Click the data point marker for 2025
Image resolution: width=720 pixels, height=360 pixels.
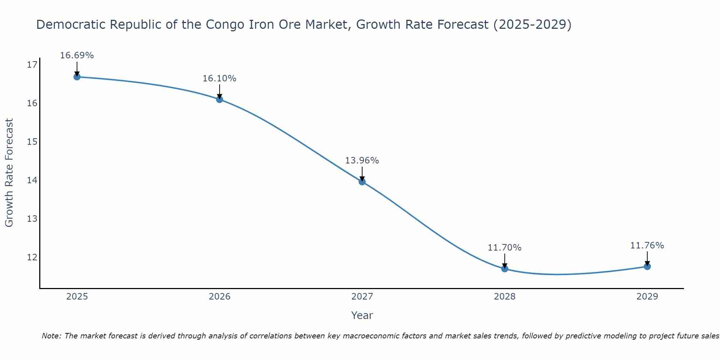(x=77, y=77)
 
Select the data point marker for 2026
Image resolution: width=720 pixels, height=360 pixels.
(x=220, y=99)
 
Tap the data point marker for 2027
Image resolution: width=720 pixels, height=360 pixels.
(x=362, y=182)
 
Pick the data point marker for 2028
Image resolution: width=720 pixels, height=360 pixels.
(x=505, y=269)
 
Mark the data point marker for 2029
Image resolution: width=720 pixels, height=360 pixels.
(x=647, y=266)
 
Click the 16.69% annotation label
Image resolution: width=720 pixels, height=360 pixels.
(x=77, y=55)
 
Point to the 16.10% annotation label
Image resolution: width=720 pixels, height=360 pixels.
(x=220, y=78)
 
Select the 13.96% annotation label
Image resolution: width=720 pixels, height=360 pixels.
(x=362, y=161)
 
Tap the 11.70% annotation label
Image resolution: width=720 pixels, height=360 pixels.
(x=505, y=248)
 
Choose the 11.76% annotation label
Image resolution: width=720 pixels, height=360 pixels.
(x=647, y=246)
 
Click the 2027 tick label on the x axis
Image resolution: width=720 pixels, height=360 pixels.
(x=362, y=297)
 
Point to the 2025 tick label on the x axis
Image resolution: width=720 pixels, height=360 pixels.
(x=77, y=297)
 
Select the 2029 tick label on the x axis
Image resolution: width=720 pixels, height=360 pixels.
(x=647, y=297)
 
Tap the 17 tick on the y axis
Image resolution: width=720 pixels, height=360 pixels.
(x=32, y=65)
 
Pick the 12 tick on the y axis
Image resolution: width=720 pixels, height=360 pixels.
(x=32, y=257)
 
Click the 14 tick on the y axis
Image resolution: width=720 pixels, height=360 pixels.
(x=32, y=180)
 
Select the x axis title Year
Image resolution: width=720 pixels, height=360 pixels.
(x=362, y=315)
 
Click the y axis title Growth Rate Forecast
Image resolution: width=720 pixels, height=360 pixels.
(x=9, y=173)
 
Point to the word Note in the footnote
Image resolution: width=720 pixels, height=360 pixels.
(x=51, y=336)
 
